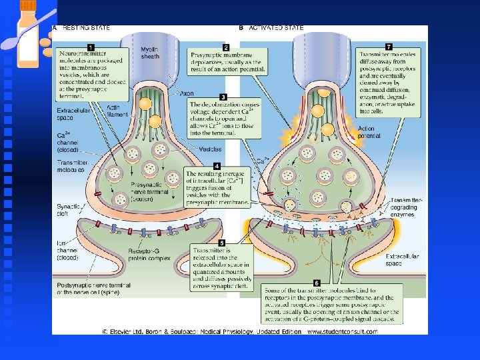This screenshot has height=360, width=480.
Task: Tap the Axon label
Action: [x=187, y=94]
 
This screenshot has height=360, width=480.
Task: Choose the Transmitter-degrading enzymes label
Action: [x=406, y=207]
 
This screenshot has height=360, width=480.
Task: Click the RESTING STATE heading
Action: [x=85, y=28]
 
